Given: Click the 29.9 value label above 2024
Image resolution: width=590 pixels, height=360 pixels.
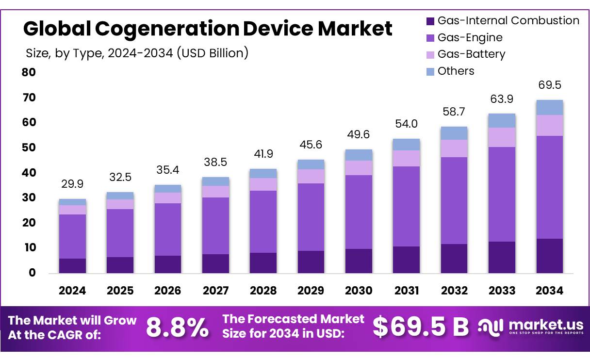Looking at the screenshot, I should click(72, 184).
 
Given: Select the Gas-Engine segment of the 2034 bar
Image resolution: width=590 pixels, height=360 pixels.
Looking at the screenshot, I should click(549, 187).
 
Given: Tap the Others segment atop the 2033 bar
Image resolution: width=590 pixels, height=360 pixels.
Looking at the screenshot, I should click(502, 120).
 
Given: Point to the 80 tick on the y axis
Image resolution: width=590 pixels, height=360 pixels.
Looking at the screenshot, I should click(29, 72).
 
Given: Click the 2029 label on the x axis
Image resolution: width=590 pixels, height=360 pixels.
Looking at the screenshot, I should click(311, 291).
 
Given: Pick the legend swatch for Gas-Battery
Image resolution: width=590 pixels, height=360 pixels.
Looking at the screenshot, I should click(430, 54).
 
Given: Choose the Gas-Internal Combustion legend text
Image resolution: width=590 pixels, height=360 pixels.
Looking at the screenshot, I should click(508, 21).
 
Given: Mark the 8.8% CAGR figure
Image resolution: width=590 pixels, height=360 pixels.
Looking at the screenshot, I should click(177, 328).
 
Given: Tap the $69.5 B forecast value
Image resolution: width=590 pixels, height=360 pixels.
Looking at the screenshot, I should click(420, 327).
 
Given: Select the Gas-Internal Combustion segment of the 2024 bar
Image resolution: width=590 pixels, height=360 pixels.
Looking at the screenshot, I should click(72, 265).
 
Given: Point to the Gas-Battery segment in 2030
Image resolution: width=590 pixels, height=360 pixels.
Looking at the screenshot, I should click(359, 167).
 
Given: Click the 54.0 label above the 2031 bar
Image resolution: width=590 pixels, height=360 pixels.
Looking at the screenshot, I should click(407, 124).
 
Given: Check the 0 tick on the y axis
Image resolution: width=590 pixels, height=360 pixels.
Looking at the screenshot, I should click(32, 273).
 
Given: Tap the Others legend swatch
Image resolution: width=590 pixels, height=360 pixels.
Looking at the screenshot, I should click(430, 71).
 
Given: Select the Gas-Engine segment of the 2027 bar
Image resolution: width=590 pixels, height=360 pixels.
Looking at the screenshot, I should click(215, 226).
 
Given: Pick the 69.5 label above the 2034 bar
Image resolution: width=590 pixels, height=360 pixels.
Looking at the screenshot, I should click(550, 85).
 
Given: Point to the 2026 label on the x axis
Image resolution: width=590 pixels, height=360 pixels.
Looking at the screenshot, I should click(167, 291).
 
